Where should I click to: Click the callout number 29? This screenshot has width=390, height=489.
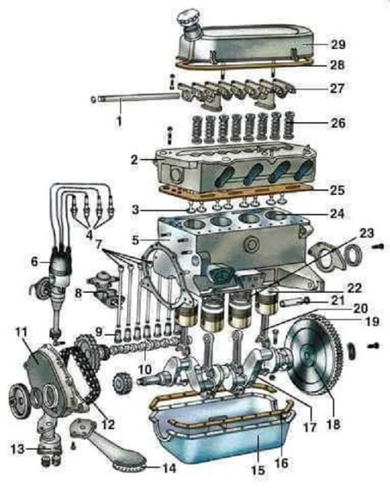pyautogui.click(x=338, y=44)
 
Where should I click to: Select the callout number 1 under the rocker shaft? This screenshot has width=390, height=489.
pyautogui.click(x=119, y=121)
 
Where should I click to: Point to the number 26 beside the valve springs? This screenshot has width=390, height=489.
pyautogui.click(x=338, y=123)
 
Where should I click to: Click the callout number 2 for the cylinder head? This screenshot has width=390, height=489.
pyautogui.click(x=134, y=160)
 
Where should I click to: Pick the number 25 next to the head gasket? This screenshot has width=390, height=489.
pyautogui.click(x=337, y=190)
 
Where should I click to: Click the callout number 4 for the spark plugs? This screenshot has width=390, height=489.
pyautogui.click(x=89, y=235)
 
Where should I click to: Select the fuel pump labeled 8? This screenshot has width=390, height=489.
pyautogui.click(x=103, y=292)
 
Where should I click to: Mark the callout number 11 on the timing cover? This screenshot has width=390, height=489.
pyautogui.click(x=21, y=333)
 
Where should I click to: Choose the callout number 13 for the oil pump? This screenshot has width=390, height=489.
pyautogui.click(x=17, y=449)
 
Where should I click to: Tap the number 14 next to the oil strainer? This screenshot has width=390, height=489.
pyautogui.click(x=169, y=468)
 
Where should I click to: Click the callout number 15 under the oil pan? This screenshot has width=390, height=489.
pyautogui.click(x=258, y=471)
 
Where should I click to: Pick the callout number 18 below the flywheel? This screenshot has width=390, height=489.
pyautogui.click(x=333, y=424)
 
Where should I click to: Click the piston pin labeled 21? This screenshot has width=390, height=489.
pyautogui.click(x=294, y=302)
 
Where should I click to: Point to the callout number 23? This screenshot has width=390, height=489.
pyautogui.click(x=366, y=233)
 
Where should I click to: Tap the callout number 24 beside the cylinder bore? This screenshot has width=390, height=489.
pyautogui.click(x=337, y=214)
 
